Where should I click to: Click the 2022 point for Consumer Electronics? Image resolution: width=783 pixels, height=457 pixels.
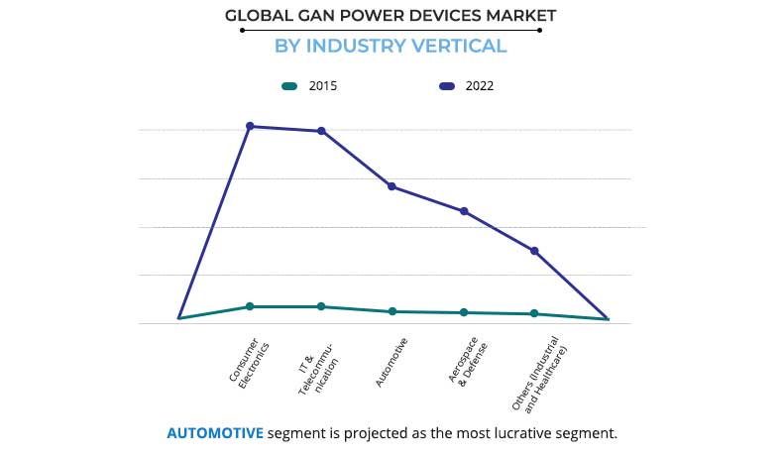(250, 126)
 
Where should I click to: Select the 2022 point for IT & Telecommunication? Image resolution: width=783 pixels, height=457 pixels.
(321, 131)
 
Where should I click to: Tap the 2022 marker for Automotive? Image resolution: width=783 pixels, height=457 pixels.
(392, 186)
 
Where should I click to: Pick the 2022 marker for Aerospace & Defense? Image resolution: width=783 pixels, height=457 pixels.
(464, 211)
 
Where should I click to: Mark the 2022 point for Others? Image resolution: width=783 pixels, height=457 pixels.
(534, 251)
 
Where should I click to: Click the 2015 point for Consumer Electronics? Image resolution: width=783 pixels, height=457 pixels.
(250, 306)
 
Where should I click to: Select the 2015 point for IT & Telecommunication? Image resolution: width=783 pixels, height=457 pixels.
(321, 306)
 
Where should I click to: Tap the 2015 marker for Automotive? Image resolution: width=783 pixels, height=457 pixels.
(392, 311)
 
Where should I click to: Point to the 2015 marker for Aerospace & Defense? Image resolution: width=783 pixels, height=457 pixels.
(464, 312)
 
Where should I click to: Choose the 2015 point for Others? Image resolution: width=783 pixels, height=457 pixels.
(534, 313)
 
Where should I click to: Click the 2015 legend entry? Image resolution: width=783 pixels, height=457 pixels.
(309, 86)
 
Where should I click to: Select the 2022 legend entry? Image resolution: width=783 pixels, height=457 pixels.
(467, 86)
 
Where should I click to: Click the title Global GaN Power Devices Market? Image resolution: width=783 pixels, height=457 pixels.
(391, 15)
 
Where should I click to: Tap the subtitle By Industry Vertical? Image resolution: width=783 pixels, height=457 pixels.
(391, 46)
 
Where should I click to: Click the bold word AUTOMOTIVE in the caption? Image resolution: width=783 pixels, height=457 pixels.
(215, 433)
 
